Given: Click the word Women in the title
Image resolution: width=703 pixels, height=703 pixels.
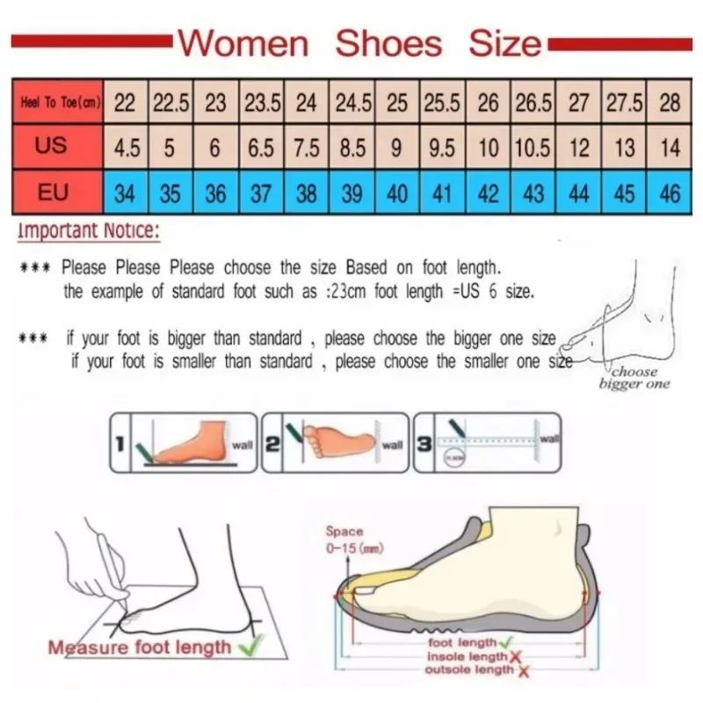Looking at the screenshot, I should point(243,42).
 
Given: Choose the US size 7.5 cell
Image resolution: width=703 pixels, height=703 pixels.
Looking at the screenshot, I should point(306,148).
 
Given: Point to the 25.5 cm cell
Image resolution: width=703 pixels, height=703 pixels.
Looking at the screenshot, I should point(442,103).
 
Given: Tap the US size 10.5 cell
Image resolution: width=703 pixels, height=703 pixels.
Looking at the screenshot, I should point(533,148).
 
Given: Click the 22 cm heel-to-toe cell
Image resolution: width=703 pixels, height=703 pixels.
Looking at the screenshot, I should point(126,103).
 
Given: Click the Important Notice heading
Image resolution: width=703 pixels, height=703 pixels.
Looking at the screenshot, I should point(88,232).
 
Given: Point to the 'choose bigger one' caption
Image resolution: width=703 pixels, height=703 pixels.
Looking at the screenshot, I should point(634,377).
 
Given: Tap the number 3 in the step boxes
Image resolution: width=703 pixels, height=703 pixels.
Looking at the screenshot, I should point(424,444).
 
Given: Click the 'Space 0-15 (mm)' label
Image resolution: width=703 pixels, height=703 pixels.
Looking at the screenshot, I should point(344,538).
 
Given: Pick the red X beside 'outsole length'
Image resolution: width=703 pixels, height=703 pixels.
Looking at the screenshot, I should point(524,670).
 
